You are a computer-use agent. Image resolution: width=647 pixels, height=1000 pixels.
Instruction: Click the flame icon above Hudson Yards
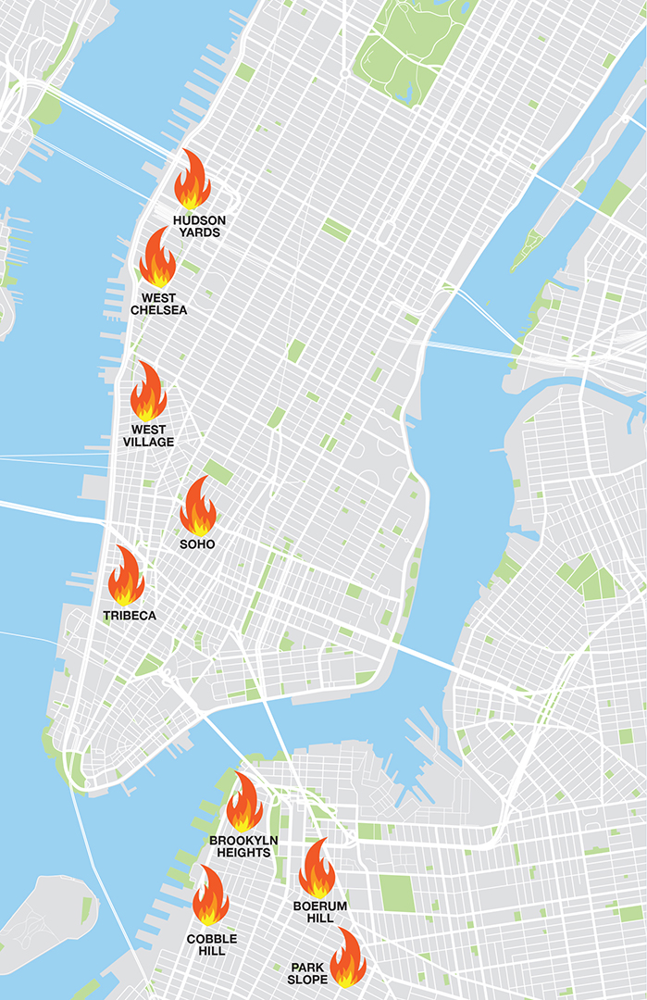click(193, 181)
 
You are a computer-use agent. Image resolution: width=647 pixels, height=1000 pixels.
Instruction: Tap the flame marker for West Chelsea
click(157, 259)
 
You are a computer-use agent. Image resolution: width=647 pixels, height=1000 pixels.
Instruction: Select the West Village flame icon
click(148, 393)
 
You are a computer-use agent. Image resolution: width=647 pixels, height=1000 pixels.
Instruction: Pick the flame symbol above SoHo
click(197, 507)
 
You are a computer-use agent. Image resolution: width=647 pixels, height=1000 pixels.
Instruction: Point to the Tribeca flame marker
click(126, 576)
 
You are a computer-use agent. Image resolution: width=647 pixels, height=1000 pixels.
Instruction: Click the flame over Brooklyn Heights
click(244, 803)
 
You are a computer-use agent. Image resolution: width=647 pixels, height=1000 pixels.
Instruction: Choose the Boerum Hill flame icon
click(317, 869)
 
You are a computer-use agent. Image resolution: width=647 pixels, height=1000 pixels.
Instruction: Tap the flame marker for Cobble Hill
click(210, 895)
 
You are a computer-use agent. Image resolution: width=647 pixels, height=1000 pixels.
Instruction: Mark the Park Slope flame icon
click(348, 958)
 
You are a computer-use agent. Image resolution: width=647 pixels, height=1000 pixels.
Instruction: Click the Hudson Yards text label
click(199, 226)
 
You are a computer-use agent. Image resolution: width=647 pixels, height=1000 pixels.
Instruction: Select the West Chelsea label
click(158, 304)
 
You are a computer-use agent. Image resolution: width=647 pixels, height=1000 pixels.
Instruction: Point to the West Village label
click(148, 436)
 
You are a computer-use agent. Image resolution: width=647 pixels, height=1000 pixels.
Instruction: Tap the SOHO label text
click(197, 544)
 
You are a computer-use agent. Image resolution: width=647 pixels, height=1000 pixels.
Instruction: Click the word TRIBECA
click(130, 615)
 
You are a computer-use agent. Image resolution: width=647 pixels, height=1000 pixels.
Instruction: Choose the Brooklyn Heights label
click(240, 845)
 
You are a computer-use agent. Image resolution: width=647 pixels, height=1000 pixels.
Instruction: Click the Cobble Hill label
click(211, 944)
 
